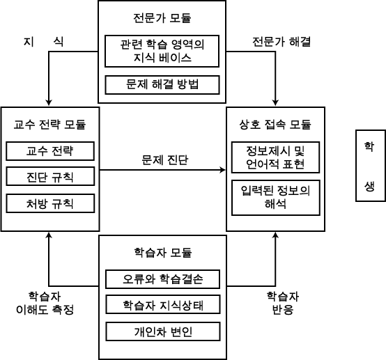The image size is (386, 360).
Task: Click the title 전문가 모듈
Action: [162, 18]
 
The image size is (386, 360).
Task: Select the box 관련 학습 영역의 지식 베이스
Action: [162, 52]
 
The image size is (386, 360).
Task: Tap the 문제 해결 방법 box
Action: [162, 85]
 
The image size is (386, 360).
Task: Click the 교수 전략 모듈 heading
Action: [49, 125]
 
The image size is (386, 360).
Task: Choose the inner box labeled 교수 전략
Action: [50, 151]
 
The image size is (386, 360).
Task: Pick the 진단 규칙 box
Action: [50, 176]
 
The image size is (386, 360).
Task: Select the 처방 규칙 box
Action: [50, 203]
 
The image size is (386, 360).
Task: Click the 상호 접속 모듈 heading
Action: [275, 125]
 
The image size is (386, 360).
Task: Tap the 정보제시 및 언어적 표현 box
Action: [275, 157]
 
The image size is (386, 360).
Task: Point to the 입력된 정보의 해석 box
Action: [276, 198]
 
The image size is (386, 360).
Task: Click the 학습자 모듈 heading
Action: [163, 253]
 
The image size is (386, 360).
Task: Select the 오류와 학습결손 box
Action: [163, 279]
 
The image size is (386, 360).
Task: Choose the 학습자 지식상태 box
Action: [163, 304]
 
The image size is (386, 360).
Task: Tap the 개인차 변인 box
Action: [163, 331]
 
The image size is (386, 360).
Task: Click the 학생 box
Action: [371, 166]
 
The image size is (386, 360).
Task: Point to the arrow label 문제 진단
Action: [165, 160]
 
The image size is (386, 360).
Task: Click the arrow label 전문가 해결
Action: [281, 42]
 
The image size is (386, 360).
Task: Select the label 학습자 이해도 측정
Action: [45, 303]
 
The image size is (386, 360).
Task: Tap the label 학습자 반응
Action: [283, 303]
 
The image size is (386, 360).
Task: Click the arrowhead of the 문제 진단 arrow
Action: [225, 170]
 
